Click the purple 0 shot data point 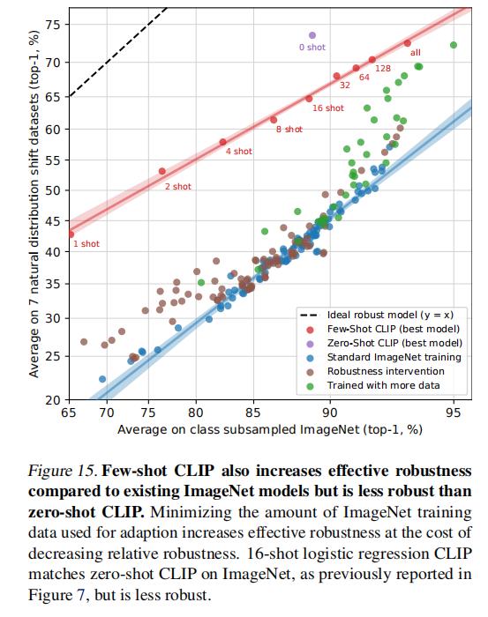312,35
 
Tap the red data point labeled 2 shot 162,171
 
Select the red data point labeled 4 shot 222,142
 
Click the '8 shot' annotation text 289,130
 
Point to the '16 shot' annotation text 328,108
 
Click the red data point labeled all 408,43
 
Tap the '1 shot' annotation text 86,243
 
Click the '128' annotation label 383,69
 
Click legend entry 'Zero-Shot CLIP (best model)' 394,343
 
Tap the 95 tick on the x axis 454,412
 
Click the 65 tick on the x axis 69,412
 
